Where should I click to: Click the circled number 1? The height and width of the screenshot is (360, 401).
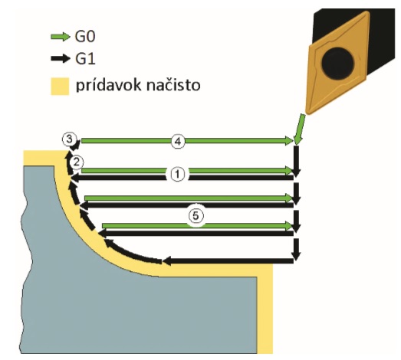[x=177, y=174]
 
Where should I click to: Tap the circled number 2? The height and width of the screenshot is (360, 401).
[x=76, y=162]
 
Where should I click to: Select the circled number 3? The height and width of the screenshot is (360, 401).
[x=69, y=139]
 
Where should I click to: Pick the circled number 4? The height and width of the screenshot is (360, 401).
[x=178, y=141]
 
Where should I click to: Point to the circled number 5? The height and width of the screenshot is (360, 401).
[x=196, y=216]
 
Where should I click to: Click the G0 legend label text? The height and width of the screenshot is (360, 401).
[x=85, y=37]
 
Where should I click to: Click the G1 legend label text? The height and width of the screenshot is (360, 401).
[x=85, y=59]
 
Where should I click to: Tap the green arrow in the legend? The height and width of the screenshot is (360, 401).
[x=61, y=37]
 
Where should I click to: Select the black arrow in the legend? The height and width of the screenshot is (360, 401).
[x=61, y=58]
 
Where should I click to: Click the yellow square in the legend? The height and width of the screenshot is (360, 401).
[x=60, y=87]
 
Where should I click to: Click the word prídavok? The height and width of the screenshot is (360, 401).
[x=109, y=85]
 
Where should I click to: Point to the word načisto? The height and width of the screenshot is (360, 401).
[x=173, y=85]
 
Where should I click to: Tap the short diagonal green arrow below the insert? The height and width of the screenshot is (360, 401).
[x=300, y=129]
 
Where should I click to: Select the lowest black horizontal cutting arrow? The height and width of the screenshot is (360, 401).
[x=228, y=261]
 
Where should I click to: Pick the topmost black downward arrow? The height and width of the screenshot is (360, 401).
[x=296, y=161]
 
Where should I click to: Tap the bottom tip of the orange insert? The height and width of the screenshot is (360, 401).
[x=309, y=112]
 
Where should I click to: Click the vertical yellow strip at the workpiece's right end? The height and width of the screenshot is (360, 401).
[x=265, y=309]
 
